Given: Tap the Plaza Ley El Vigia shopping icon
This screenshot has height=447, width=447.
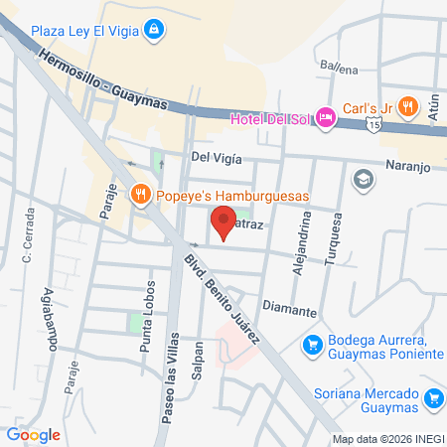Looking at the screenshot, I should [x=152, y=31].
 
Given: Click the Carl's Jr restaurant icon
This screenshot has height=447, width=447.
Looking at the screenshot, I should [x=409, y=108].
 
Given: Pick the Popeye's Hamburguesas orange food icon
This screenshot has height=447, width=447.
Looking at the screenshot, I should [x=141, y=195].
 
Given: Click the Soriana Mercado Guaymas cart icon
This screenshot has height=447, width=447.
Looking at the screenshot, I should [x=433, y=399].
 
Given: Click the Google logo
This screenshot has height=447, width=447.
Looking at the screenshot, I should [x=34, y=434].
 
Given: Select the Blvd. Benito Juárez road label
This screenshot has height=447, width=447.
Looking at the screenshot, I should [x=220, y=299].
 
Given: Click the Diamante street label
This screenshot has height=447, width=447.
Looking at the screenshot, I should [x=290, y=310].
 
